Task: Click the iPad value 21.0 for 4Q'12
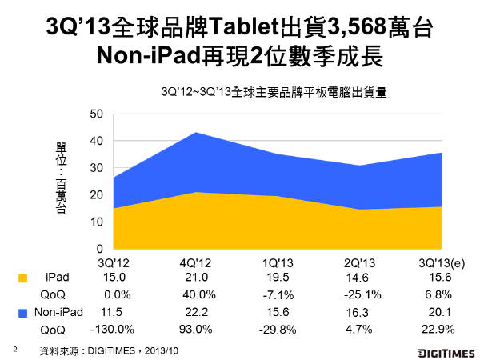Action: coord(197,277)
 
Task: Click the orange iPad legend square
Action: coord(22,278)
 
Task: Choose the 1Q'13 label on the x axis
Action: coord(278,262)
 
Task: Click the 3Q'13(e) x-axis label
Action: coord(442,262)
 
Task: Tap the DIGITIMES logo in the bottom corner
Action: coord(445,352)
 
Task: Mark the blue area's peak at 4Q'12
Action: coord(197,133)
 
